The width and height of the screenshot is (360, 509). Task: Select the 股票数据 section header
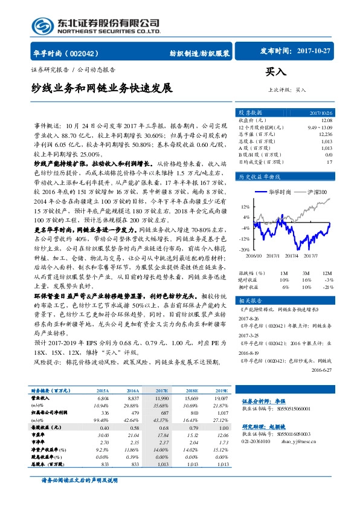pos(250,112)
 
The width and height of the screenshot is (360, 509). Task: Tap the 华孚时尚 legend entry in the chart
pos(279,191)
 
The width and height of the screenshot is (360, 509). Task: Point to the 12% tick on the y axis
pos(245,206)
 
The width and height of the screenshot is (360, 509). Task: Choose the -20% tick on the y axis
pos(244,249)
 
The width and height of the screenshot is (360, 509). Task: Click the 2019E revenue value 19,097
pos(221,398)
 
